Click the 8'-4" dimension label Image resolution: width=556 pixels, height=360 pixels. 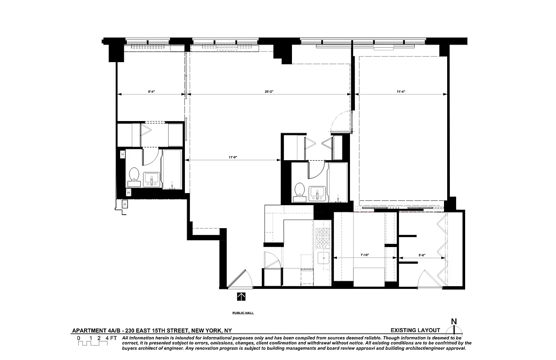tap(152, 92)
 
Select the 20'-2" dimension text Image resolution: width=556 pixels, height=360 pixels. tap(269, 92)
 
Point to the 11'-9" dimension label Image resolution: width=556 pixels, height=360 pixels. tap(233, 157)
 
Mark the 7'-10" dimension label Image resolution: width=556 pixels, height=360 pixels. tap(365, 255)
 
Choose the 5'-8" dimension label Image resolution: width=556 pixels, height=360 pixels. tap(422, 255)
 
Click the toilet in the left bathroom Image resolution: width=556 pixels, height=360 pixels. tap(134, 176)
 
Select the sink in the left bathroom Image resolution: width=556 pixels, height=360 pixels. tap(152, 180)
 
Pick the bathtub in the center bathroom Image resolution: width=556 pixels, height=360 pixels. tap(338, 182)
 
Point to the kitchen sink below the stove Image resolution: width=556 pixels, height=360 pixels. tap(324, 258)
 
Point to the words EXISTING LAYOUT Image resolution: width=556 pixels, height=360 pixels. tap(415, 330)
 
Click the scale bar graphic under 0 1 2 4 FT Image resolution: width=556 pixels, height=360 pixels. tap(93, 343)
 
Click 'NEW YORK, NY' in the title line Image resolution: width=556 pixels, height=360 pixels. tap(211, 330)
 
